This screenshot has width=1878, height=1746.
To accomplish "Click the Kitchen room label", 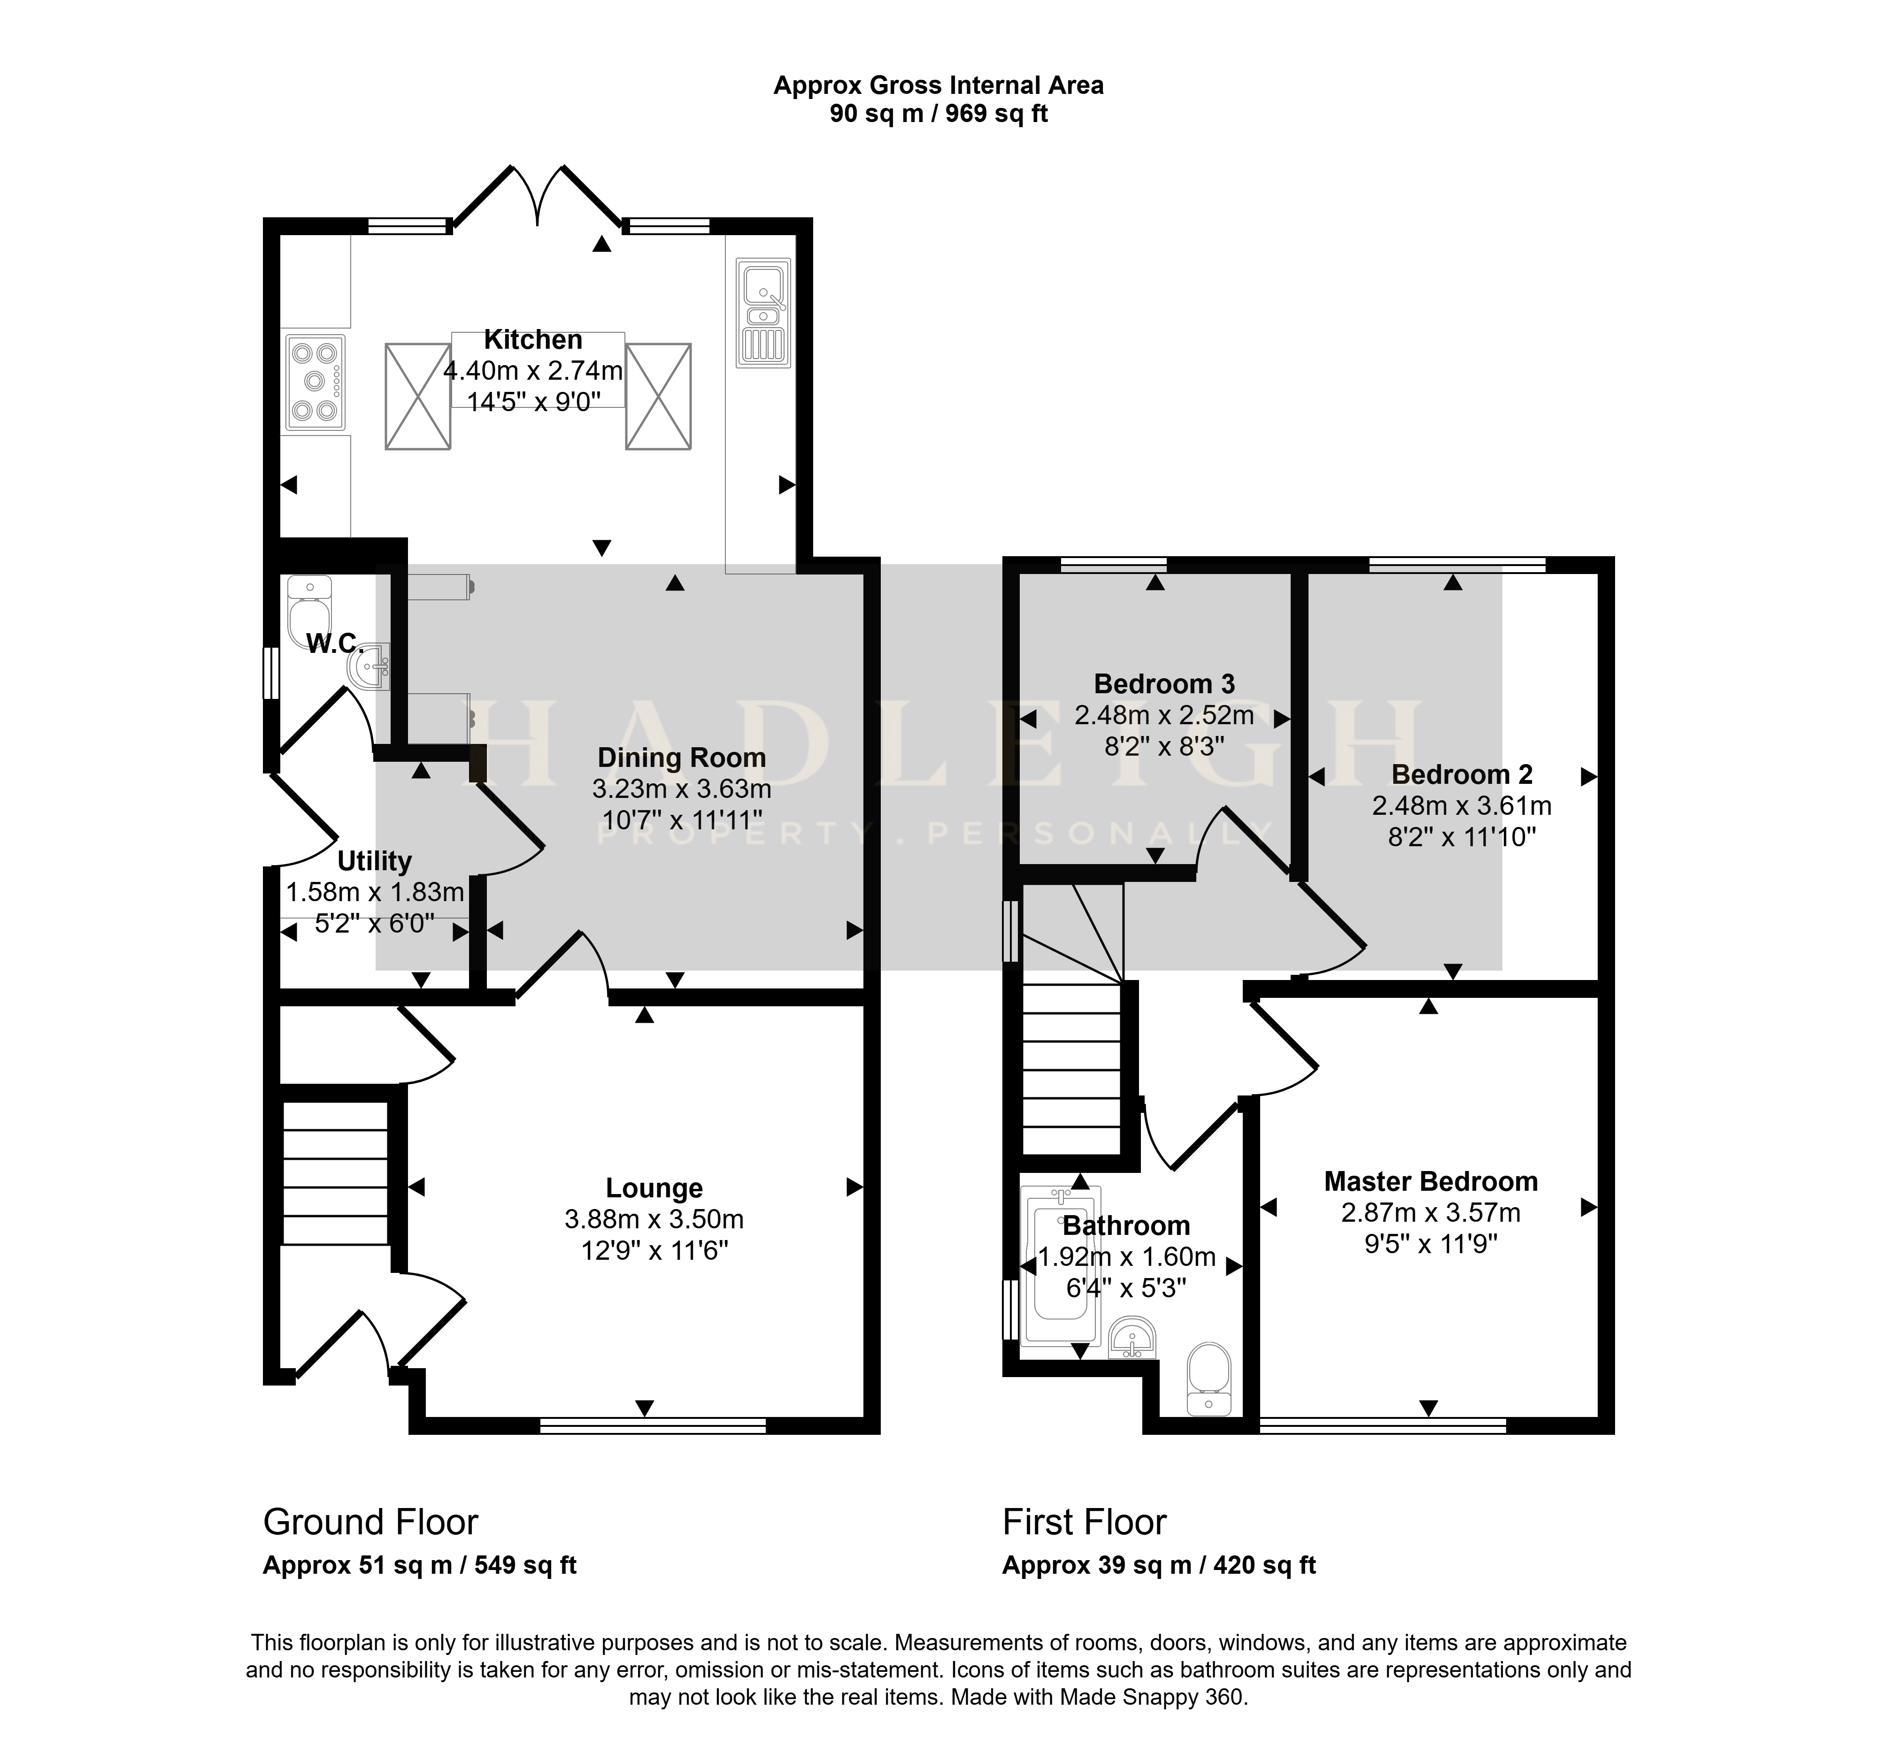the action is [x=533, y=340].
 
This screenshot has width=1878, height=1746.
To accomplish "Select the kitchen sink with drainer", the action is [x=763, y=313].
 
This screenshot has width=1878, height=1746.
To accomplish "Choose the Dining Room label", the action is [x=681, y=758].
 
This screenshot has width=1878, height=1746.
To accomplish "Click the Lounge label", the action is [x=654, y=1188].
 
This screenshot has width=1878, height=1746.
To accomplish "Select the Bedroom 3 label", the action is [x=1164, y=684].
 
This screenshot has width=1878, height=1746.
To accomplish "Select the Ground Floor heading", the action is [x=370, y=1522].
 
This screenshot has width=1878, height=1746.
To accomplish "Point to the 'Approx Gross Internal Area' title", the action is [x=938, y=86].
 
